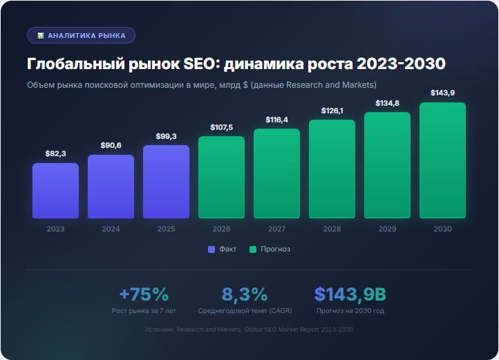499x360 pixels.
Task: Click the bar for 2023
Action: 55,191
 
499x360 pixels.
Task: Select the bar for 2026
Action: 221,178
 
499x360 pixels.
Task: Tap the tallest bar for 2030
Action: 442,160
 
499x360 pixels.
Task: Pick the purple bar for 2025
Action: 166,182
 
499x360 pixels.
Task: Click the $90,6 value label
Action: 111,145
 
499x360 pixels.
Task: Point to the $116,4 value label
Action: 276,120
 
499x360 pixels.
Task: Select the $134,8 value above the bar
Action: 387,103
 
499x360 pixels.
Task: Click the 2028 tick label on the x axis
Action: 332,229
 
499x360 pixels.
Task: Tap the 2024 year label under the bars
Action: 111,229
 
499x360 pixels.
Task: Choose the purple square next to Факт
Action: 211,249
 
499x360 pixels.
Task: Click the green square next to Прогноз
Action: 253,249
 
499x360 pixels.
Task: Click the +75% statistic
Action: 144,294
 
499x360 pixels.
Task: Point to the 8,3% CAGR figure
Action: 245,294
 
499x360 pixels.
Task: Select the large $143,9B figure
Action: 350,294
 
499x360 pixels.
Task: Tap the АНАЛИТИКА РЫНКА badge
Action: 81,35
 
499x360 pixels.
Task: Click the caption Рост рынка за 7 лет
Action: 144,311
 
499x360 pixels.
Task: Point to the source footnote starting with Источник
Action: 249,330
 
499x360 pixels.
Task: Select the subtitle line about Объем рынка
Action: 201,85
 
